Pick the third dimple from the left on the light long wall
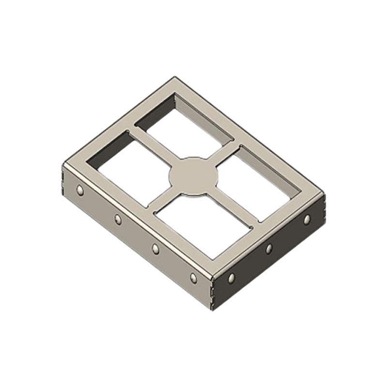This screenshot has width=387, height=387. click(155, 248)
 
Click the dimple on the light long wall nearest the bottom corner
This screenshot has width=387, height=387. click(193, 278)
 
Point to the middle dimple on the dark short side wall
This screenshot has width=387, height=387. click(269, 249)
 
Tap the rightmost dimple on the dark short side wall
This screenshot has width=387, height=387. click(307, 220)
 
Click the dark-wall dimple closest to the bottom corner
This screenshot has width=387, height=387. click(231, 278)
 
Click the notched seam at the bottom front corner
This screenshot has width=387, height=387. click(212, 290)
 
